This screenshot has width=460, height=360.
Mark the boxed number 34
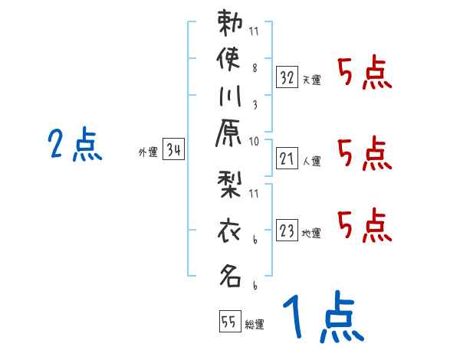(173, 151)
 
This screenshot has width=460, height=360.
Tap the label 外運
(148, 153)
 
